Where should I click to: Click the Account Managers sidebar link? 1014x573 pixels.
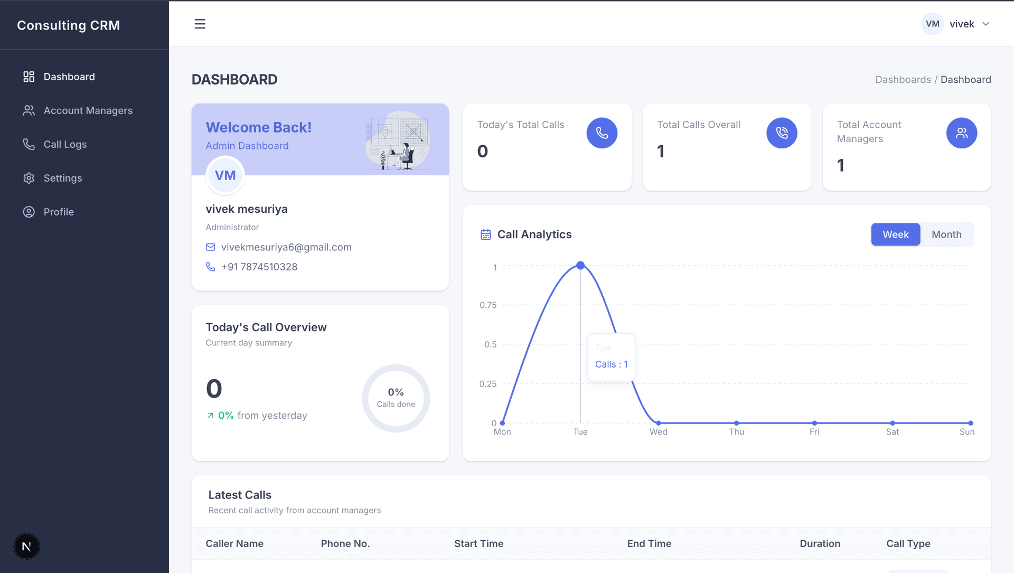click(88, 110)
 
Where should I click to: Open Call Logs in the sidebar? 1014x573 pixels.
click(65, 144)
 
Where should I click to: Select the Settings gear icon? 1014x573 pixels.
click(29, 178)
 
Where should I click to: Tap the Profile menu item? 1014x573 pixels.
click(59, 212)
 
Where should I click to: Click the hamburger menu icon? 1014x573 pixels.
click(200, 24)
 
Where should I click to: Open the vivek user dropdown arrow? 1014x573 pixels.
click(985, 24)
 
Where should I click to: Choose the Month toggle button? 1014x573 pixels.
click(946, 234)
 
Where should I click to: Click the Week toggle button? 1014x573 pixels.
click(896, 234)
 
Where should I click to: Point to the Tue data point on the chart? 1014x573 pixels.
click(580, 265)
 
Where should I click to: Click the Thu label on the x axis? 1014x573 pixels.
click(736, 432)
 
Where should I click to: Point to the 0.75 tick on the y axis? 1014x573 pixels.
click(488, 305)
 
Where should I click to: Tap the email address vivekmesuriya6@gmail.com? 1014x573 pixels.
click(286, 247)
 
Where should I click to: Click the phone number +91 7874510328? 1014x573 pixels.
click(259, 267)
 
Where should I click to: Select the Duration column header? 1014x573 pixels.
click(820, 543)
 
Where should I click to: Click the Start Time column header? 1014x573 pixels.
click(478, 543)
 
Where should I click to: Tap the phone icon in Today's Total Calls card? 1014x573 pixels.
click(602, 133)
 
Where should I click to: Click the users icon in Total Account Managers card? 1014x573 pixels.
click(961, 133)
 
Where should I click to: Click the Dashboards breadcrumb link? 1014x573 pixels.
click(903, 80)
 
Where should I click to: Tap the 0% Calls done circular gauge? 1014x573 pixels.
click(396, 398)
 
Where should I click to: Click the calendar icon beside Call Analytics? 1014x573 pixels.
click(485, 234)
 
